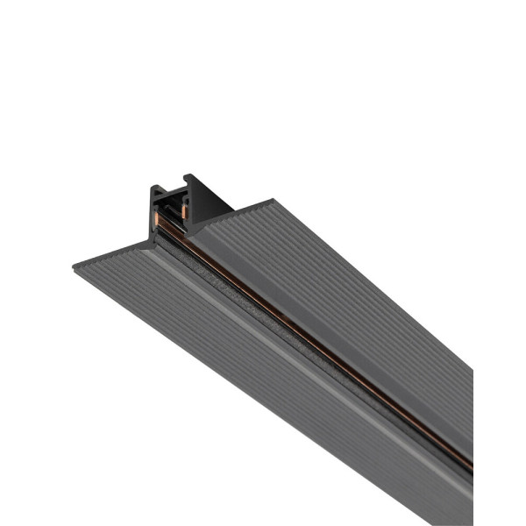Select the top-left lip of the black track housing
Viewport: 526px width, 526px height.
[x=154, y=188]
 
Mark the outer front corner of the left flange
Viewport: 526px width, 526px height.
[x=74, y=269]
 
